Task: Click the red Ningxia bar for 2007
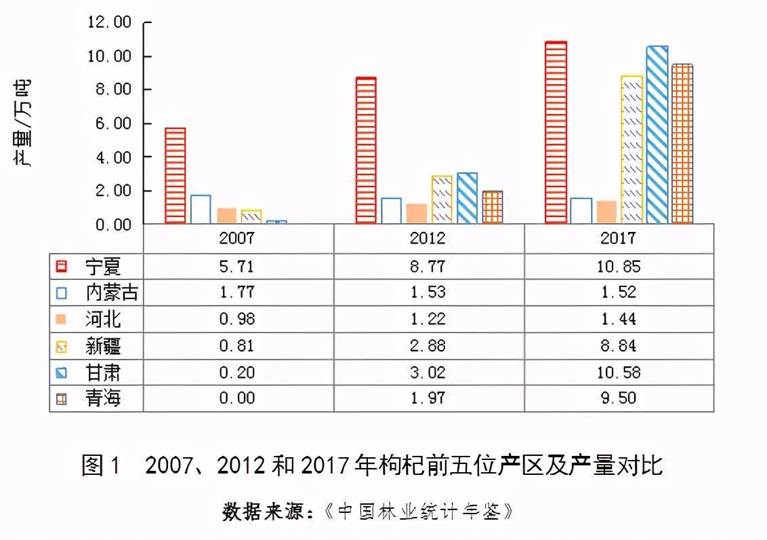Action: tap(175, 176)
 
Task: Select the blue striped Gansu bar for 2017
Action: tap(657, 134)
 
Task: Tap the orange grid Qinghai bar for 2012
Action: tap(492, 207)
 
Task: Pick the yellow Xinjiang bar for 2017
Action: tap(632, 150)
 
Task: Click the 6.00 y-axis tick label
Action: tap(113, 123)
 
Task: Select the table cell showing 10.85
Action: tap(619, 267)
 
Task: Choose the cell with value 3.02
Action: tap(428, 372)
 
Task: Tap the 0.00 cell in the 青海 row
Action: tap(236, 398)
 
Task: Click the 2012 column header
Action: tap(428, 238)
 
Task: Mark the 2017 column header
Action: tap(619, 238)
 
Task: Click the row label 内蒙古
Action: tap(112, 292)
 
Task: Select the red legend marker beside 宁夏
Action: tap(62, 267)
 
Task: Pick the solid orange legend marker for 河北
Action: tap(61, 320)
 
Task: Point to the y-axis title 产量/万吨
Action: tap(22, 124)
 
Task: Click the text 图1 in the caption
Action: tap(101, 465)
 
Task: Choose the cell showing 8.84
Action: tap(619, 345)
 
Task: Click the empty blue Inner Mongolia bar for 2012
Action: tap(391, 211)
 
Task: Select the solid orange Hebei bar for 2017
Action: tap(606, 212)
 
